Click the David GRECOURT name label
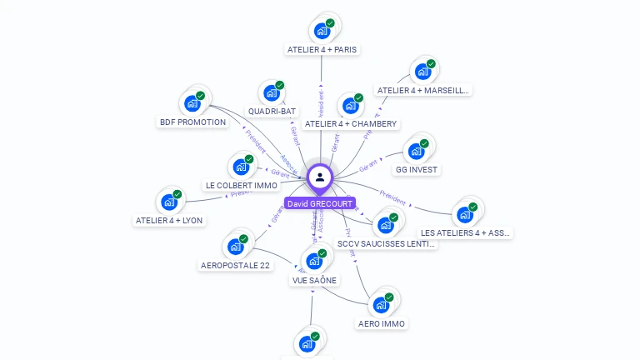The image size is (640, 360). coord(320,203)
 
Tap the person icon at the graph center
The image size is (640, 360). coord(320,177)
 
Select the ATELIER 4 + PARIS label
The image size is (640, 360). coord(322,50)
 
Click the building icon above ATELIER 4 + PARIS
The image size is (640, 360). coord(322,31)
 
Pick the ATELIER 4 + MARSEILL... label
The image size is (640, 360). coord(423,91)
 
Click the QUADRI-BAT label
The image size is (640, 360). coord(272,111)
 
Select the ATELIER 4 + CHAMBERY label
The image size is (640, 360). coord(350,124)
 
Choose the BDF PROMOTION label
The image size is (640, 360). coord(192,122)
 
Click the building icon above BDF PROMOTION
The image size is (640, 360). coord(192,103)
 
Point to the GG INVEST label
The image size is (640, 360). coord(417,170)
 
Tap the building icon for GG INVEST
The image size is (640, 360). coord(416,151)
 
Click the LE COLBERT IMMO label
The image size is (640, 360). coord(241,186)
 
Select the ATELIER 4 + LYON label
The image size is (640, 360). coord(168,221)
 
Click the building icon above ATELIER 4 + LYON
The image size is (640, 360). coord(169,202)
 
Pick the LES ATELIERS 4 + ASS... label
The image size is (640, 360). coord(465,233)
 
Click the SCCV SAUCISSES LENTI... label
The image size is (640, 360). coord(385,244)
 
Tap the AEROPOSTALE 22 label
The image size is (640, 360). coord(235,266)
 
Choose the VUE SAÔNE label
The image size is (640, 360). coord(314,280)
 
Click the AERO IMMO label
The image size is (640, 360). coord(382,323)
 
